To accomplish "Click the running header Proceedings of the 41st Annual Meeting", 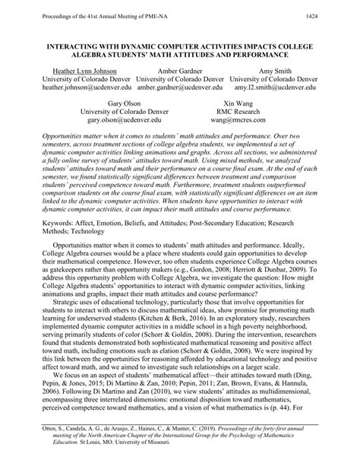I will pyautogui.click(x=84, y=14).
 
